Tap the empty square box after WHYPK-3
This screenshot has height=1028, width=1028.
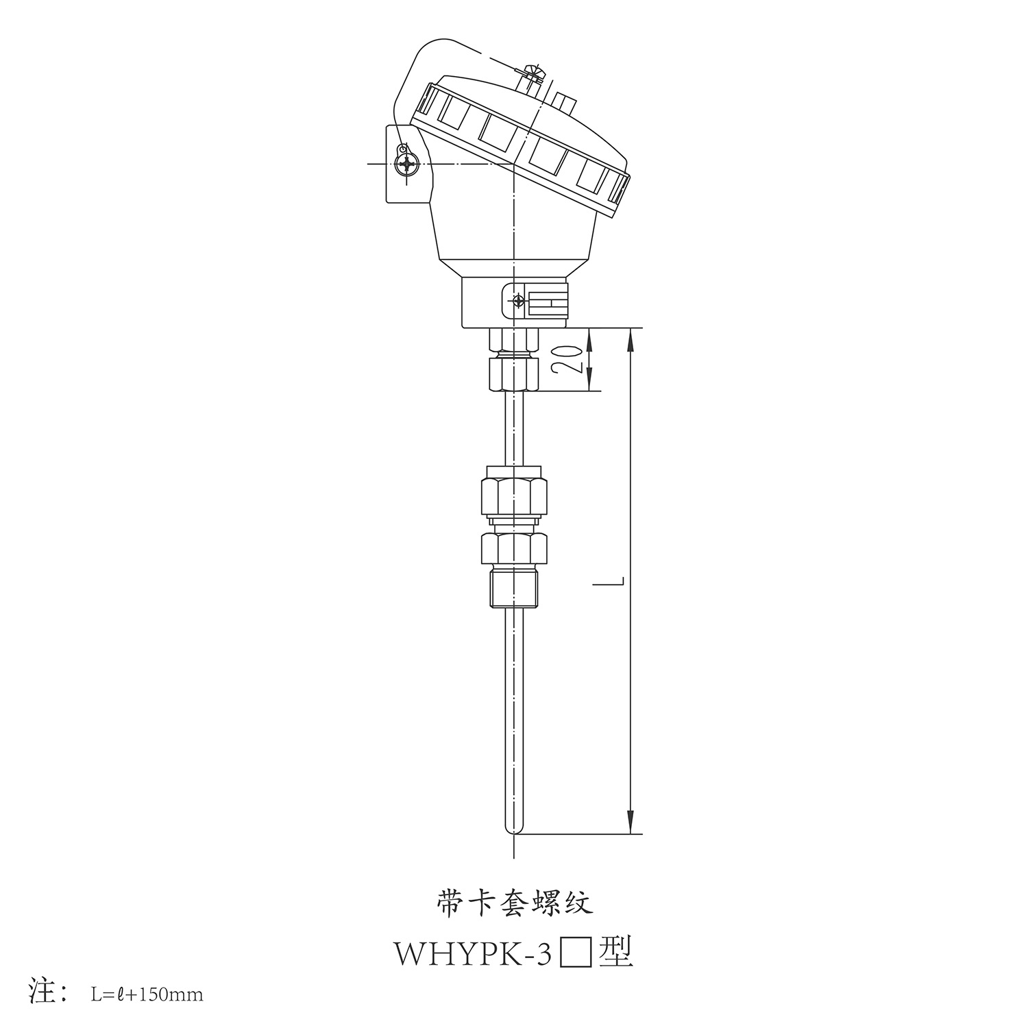click(576, 953)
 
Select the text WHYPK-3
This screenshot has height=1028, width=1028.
click(472, 953)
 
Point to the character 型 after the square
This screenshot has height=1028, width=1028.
click(615, 951)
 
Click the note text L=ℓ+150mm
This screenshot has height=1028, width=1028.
click(147, 994)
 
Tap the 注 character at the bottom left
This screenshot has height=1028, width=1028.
click(46, 992)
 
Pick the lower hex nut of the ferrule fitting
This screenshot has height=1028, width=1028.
click(514, 548)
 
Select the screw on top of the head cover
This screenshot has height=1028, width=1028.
click(530, 74)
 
